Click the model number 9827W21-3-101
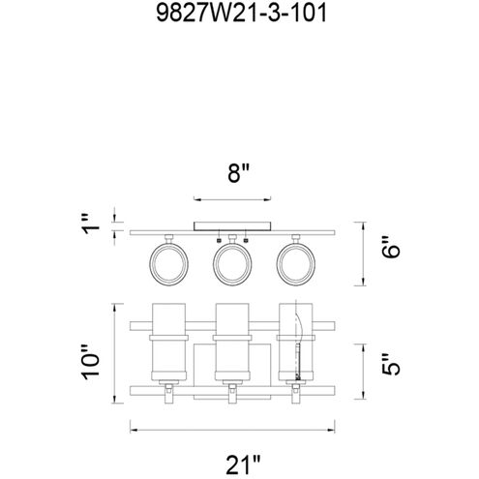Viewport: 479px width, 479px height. coord(239,15)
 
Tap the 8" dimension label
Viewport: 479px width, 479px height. coord(239,174)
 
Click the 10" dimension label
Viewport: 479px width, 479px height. coord(92,360)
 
